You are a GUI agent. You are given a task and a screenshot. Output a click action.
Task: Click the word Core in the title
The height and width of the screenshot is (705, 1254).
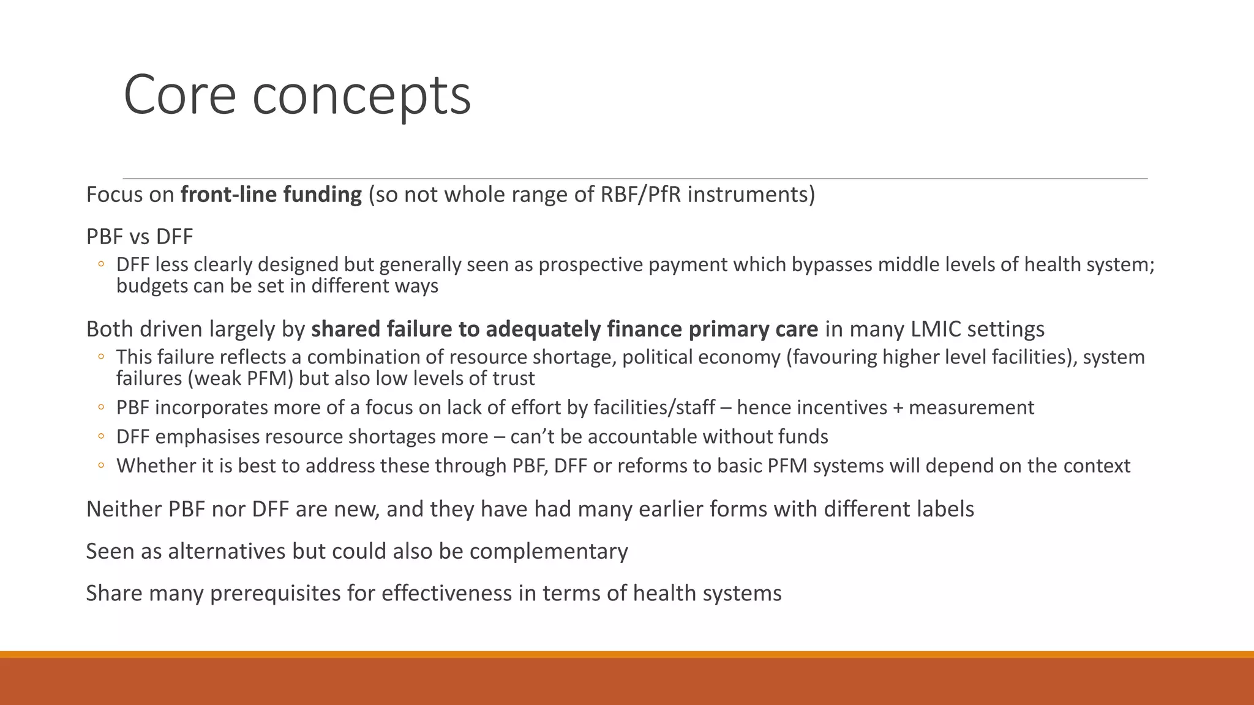point(179,95)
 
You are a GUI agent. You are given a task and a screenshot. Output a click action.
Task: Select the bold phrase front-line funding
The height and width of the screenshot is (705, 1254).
point(271,195)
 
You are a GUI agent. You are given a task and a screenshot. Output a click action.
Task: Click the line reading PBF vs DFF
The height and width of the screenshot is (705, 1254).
point(140,236)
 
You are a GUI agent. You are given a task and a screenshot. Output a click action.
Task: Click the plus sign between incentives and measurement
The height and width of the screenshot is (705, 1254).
point(898,408)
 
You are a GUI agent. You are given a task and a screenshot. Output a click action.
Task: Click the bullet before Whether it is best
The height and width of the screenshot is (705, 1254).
point(101,466)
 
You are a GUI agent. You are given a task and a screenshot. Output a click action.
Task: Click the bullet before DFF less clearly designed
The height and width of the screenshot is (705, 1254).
point(101,264)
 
